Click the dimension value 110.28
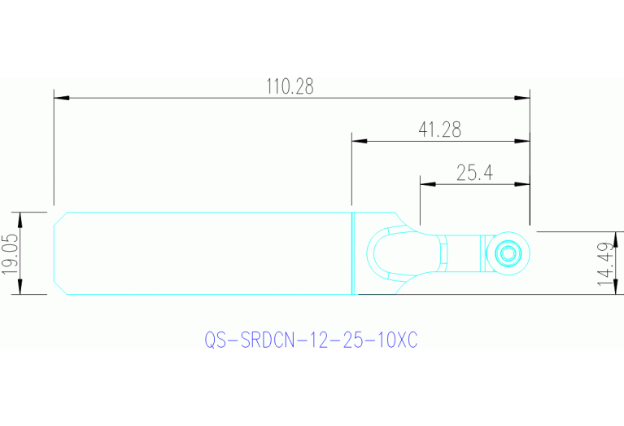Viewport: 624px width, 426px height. [290, 86]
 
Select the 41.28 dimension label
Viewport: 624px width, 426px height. [439, 129]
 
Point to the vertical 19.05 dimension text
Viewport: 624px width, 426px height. [10, 253]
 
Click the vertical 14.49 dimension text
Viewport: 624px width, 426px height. [604, 264]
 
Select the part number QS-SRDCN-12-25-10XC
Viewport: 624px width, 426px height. [310, 340]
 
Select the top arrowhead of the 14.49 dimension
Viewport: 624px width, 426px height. [616, 237]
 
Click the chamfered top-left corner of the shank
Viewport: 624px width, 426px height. [59, 217]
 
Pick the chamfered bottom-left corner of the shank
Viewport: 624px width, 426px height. [59, 288]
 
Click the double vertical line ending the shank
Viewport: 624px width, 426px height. [352, 253]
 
